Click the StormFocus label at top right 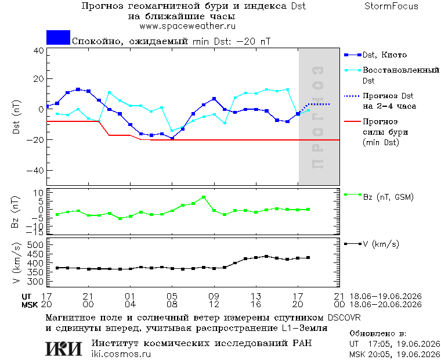tap(391, 6)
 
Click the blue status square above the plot tap(58, 37)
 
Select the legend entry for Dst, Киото tap(376, 55)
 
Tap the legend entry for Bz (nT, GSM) tap(379, 196)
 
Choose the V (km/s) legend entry tap(372, 244)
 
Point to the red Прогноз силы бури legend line tap(352, 121)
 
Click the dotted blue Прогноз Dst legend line tap(352, 96)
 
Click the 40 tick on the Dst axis tap(39, 51)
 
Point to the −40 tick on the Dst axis tap(35, 170)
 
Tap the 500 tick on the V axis tap(35, 244)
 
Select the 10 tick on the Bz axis tap(38, 193)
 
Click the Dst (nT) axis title tap(16, 117)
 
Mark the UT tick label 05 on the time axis tap(172, 296)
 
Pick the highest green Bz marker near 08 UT tap(204, 197)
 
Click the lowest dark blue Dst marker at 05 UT tap(172, 138)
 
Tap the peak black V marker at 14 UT tap(266, 257)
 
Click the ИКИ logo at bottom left tap(64, 348)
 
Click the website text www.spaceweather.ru tap(187, 27)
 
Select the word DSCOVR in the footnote tap(344, 318)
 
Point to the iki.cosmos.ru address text tap(121, 354)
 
